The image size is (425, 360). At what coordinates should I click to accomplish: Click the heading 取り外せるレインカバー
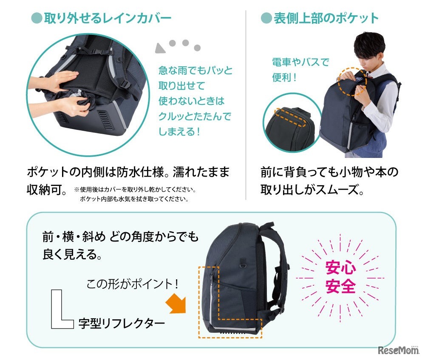pyautogui.click(x=108, y=18)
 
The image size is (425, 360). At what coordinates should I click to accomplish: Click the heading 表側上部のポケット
pyautogui.click(x=326, y=18)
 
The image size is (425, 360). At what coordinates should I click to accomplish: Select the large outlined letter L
pyautogui.click(x=61, y=309)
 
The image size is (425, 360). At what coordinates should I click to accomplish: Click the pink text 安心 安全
pyautogui.click(x=340, y=277)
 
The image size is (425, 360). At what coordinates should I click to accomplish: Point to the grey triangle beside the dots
pyautogui.click(x=161, y=48)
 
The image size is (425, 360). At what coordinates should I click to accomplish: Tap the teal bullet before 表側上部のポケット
pyautogui.click(x=266, y=18)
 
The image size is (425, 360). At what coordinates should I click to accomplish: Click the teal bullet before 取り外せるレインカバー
pyautogui.click(x=37, y=18)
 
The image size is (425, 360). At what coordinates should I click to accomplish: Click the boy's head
pyautogui.click(x=369, y=51)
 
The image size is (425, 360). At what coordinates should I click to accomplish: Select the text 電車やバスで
pyautogui.click(x=300, y=62)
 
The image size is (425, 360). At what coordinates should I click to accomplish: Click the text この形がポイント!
pyautogui.click(x=132, y=284)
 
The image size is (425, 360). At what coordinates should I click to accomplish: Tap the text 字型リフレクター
pyautogui.click(x=122, y=323)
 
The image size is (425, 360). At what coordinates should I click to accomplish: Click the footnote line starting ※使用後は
pyautogui.click(x=135, y=189)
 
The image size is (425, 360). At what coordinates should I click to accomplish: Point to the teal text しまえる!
pyautogui.click(x=179, y=132)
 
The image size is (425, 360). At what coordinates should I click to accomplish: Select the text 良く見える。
pyautogui.click(x=72, y=254)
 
